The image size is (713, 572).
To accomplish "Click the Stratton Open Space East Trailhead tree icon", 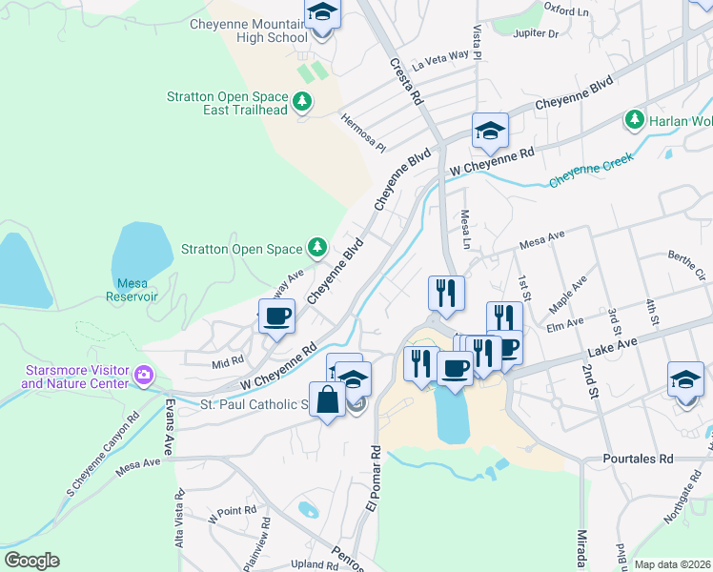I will pyautogui.click(x=302, y=100).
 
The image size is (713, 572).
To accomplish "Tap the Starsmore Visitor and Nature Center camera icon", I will pyautogui.click(x=144, y=374).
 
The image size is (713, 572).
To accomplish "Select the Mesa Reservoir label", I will pyautogui.click(x=136, y=289).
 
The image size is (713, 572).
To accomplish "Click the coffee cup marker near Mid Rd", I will pyautogui.click(x=277, y=317).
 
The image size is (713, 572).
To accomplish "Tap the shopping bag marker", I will pyautogui.click(x=327, y=399).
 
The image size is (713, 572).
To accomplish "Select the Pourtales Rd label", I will pyautogui.click(x=638, y=459).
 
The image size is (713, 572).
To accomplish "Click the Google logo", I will pyautogui.click(x=31, y=560).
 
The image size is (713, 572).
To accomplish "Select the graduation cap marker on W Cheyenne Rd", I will pyautogui.click(x=490, y=131).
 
